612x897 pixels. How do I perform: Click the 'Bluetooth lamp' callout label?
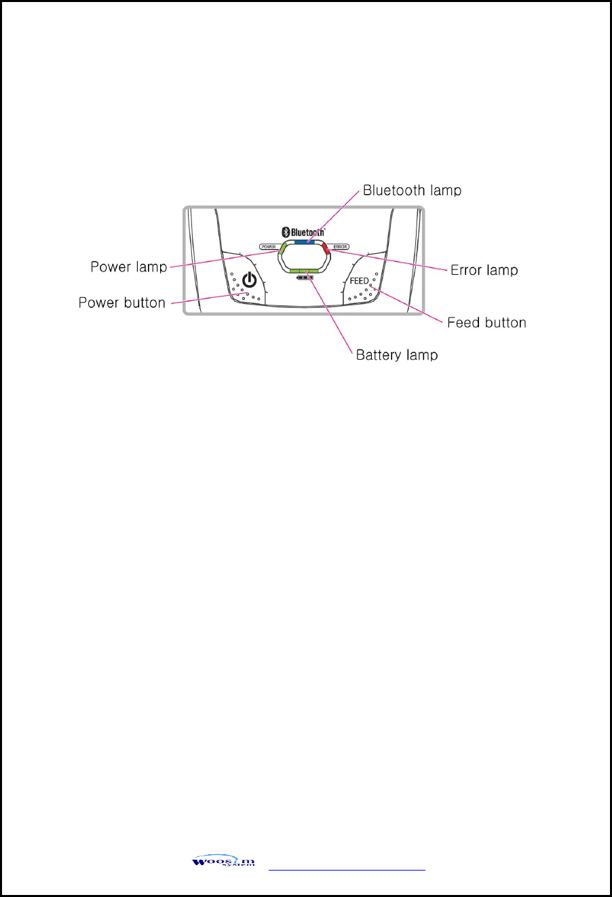click(412, 191)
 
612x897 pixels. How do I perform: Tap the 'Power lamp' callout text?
click(129, 267)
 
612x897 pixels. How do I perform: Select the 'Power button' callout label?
click(122, 303)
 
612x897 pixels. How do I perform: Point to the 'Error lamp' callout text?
click(484, 270)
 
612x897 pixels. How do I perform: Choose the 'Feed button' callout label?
click(486, 322)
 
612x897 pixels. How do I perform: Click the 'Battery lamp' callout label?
click(397, 355)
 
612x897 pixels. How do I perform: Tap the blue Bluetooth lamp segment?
click(304, 241)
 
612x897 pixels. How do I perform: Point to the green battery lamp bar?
click(304, 271)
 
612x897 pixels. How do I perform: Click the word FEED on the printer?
click(360, 281)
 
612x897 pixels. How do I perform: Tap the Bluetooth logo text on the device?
click(307, 231)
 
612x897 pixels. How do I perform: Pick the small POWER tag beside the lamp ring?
click(269, 246)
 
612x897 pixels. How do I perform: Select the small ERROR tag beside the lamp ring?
click(340, 246)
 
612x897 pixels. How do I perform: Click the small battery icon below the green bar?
click(304, 278)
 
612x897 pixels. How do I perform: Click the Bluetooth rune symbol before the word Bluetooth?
click(286, 231)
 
